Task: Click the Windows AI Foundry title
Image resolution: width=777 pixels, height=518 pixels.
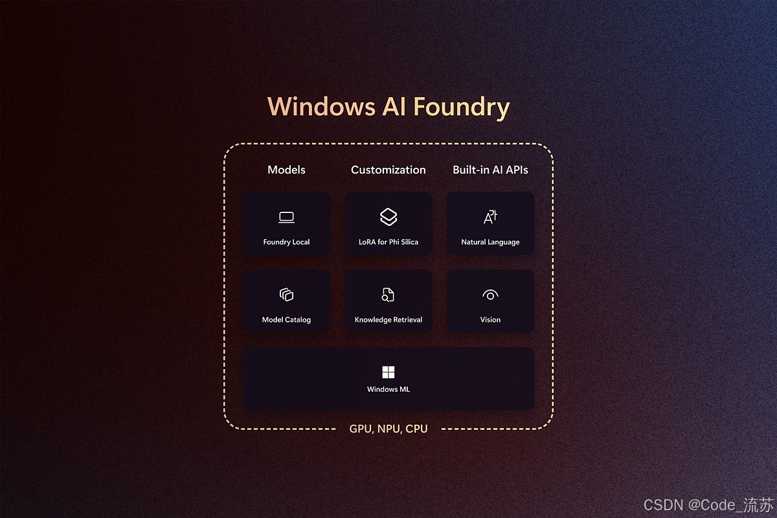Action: click(x=388, y=107)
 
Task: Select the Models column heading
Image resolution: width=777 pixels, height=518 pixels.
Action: click(x=286, y=170)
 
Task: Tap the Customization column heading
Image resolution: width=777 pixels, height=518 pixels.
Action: click(x=388, y=170)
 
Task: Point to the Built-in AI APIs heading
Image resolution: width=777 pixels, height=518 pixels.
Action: click(x=490, y=170)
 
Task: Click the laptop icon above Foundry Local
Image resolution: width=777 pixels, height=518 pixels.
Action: click(x=286, y=218)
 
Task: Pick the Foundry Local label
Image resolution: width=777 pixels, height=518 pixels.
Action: click(x=286, y=242)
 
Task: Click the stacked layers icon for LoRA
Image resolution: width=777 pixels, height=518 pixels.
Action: click(x=388, y=217)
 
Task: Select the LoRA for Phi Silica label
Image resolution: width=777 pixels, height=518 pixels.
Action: click(x=388, y=242)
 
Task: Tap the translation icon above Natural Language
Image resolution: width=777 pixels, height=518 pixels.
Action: click(x=490, y=217)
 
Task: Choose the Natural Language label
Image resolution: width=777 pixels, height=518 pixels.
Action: click(x=490, y=242)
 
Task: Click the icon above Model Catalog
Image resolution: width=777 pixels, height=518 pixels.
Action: click(x=286, y=295)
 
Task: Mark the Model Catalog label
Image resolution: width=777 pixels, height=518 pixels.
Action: click(x=286, y=320)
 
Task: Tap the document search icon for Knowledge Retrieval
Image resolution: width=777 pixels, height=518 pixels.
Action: click(x=388, y=295)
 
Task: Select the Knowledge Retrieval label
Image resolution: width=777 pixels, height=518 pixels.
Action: click(x=388, y=320)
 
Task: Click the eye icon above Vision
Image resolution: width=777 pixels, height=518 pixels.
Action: click(x=490, y=295)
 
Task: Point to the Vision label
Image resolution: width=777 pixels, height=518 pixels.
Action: click(x=490, y=320)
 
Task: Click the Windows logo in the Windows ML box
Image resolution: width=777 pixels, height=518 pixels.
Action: click(x=388, y=372)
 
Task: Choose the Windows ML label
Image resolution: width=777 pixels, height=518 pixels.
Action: click(x=388, y=389)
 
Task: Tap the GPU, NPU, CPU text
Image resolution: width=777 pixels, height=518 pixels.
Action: click(x=388, y=429)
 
